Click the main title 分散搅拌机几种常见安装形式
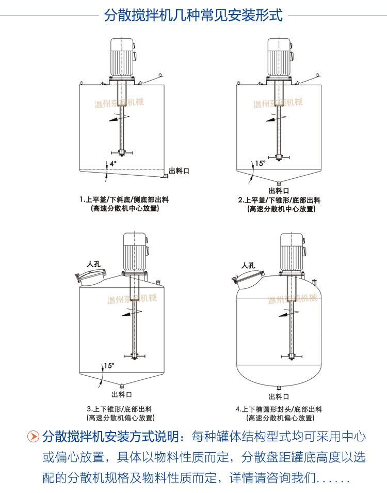[193, 15]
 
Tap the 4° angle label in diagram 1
[112, 163]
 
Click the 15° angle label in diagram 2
[261, 163]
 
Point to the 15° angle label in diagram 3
[108, 366]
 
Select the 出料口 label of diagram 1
[179, 171]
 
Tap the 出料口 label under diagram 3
[121, 395]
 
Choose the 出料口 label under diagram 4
[279, 396]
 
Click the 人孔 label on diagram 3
[94, 264]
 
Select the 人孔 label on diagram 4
[249, 265]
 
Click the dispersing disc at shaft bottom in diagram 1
[122, 153]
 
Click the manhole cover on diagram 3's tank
[88, 279]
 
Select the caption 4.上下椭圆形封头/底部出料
[279, 409]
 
